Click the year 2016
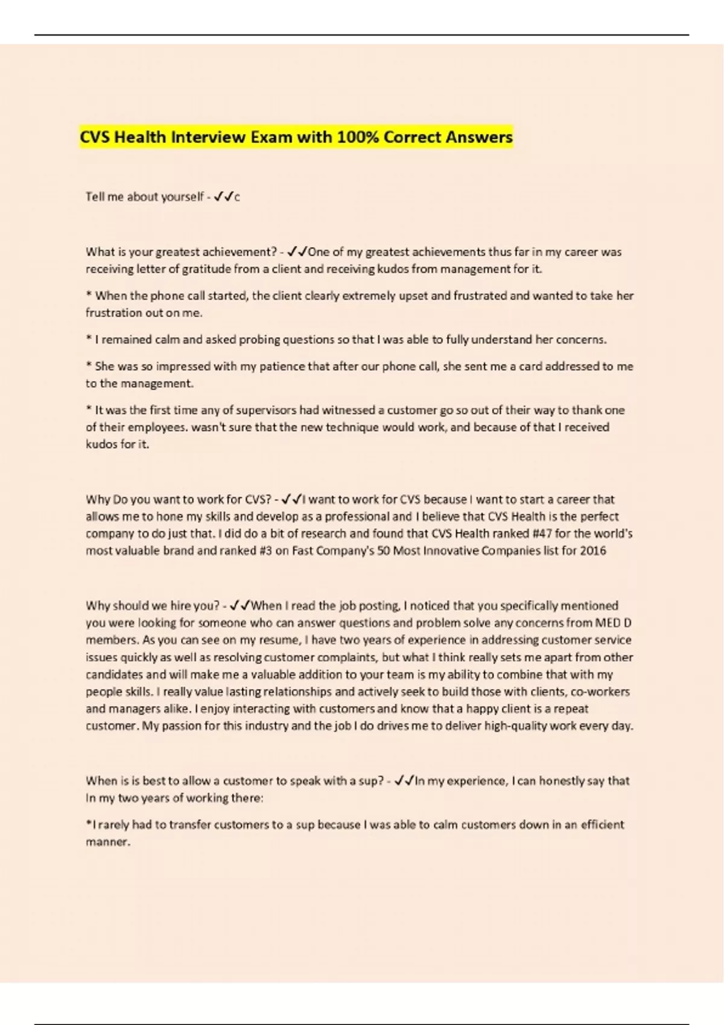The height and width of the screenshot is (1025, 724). [x=593, y=550]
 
